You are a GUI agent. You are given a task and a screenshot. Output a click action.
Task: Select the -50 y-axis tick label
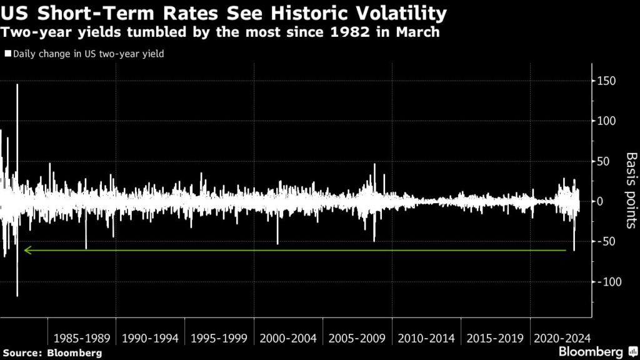[607, 242]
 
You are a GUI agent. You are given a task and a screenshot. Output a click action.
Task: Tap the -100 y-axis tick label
[609, 282]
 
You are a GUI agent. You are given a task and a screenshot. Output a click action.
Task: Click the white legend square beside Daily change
[8, 54]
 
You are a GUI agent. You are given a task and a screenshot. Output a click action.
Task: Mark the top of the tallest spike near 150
[17, 84]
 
